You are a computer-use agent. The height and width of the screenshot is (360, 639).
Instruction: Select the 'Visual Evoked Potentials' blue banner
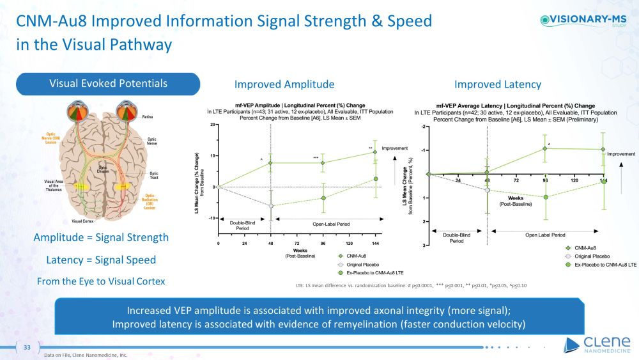tap(109, 84)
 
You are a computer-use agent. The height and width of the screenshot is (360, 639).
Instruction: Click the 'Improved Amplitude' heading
tap(284, 84)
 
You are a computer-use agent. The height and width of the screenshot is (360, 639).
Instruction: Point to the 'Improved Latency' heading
tap(497, 84)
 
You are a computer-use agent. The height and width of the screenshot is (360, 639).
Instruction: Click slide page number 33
tap(27, 347)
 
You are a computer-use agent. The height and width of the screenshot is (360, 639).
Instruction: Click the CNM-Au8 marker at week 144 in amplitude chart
tap(375, 152)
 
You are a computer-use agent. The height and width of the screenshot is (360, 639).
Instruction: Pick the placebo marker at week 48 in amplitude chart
tap(271, 206)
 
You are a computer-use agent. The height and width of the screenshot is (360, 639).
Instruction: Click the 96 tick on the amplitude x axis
tap(323, 244)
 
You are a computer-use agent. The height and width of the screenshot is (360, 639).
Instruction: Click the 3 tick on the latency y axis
tap(424, 246)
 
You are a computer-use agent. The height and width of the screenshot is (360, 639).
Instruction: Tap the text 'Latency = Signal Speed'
tap(101, 260)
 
